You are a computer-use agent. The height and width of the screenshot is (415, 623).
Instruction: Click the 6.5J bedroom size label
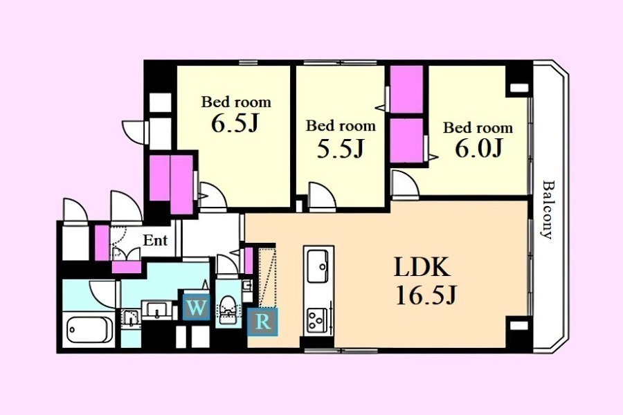pos(235,124)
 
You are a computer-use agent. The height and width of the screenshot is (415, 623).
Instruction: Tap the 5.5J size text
pos(341,149)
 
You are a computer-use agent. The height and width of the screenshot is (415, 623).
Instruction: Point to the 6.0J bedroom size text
pos(479,148)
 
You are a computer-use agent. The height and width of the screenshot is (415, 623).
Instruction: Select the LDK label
pos(422,267)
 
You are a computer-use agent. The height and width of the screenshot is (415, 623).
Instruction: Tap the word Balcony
pos(548,210)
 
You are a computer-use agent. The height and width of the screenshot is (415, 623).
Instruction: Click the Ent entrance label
pos(155,240)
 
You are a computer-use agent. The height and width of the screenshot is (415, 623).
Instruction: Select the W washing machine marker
pos(196,307)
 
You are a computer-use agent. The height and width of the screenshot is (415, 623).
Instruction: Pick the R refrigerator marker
pos(262,322)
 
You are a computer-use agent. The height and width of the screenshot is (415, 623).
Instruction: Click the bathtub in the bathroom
pos(88,330)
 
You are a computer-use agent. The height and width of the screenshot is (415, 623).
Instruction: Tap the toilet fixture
pos(228,310)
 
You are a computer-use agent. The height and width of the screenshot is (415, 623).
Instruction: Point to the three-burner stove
pos(318,322)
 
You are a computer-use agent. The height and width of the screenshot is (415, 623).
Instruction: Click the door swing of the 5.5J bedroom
pos(322,195)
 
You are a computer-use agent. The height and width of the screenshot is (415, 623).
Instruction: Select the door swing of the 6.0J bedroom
pos(404,183)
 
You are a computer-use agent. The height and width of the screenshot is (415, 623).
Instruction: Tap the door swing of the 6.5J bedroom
pos(213,195)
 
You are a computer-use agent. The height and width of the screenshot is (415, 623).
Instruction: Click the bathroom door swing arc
pos(102,295)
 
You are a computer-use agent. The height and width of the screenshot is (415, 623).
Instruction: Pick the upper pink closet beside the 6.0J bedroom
pos(406,89)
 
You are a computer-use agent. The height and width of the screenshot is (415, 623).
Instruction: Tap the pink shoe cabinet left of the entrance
pos(102,243)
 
